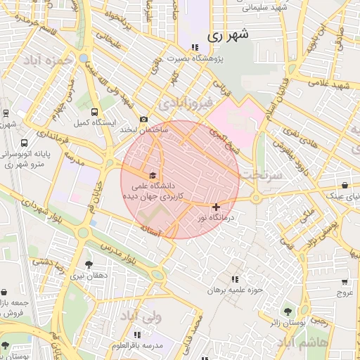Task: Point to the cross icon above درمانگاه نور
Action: coord(215,207)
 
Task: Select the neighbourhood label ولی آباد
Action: coord(143,318)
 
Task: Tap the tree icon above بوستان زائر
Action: coord(286,310)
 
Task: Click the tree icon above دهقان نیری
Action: coord(88,264)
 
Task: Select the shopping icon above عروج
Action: coord(345,279)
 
